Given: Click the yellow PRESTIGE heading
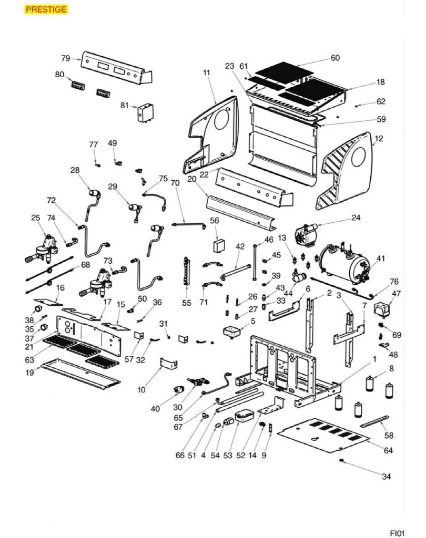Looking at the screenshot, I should (x=46, y=9).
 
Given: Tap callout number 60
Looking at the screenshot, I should (x=335, y=58).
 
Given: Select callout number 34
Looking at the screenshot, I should (x=387, y=477).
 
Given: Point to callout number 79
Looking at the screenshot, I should (x=66, y=58).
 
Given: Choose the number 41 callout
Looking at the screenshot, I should (x=381, y=258).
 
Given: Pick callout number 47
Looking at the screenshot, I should (x=397, y=294).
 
